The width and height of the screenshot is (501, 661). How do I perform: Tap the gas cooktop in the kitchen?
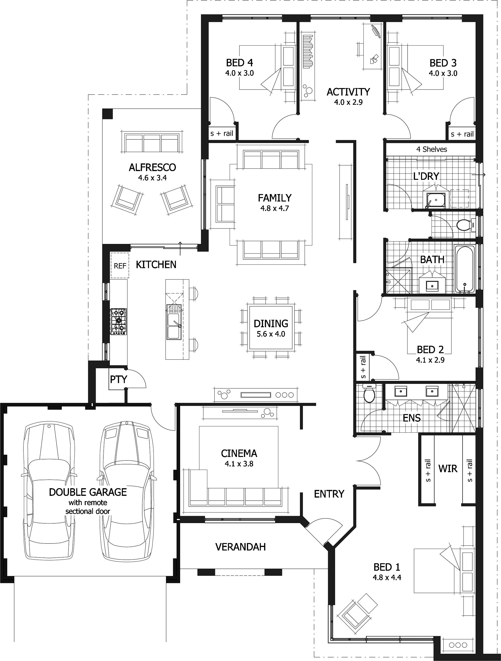(119, 321)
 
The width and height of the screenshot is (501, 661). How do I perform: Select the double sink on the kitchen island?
(173, 326)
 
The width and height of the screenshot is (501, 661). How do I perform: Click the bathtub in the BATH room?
(465, 269)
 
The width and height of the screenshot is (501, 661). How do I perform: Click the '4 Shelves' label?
(431, 149)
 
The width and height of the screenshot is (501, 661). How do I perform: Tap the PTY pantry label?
(119, 379)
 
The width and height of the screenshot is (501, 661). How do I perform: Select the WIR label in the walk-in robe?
(448, 468)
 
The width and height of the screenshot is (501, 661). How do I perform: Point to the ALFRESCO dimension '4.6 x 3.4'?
(152, 178)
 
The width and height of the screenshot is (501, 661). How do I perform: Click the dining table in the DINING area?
(271, 328)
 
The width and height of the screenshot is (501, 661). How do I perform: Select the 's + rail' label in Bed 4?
(222, 133)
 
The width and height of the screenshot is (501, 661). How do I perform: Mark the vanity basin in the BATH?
(432, 285)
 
